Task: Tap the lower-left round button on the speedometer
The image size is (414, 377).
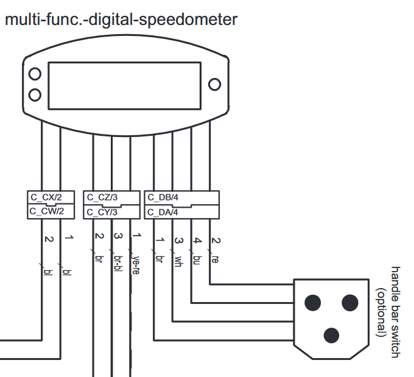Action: pos(35,94)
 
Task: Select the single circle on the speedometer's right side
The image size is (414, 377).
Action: pos(214,84)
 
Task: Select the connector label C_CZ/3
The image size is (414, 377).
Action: pos(102,197)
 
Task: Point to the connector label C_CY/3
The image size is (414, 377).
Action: pos(102,212)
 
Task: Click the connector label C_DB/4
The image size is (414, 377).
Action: pos(163,197)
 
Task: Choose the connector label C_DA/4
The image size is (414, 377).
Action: pos(163,212)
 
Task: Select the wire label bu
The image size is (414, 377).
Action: pos(197,260)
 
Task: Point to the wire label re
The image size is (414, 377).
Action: pos(215,259)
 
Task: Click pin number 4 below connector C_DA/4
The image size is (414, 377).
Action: pos(197,240)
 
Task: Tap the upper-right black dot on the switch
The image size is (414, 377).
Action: pos(350,301)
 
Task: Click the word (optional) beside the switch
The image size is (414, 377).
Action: pos(382,312)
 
